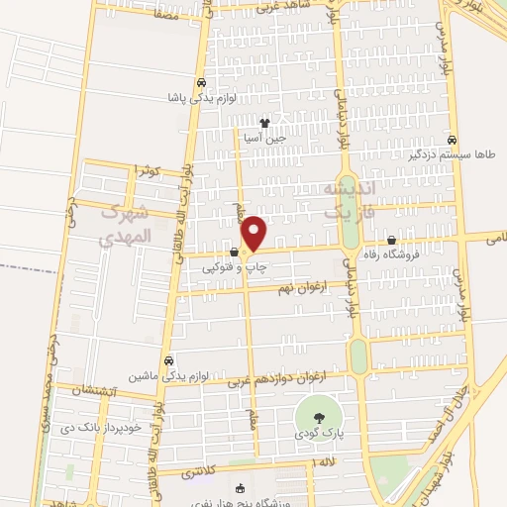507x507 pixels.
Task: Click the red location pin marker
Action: (x=255, y=234)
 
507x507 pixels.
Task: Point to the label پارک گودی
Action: (x=315, y=434)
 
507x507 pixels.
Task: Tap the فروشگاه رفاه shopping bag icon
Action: (x=392, y=240)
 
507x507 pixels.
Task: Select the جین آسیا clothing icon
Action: (x=264, y=124)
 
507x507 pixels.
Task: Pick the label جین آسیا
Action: (x=265, y=140)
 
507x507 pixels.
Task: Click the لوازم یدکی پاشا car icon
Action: (x=201, y=84)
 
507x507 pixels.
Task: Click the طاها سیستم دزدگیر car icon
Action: (x=453, y=140)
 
